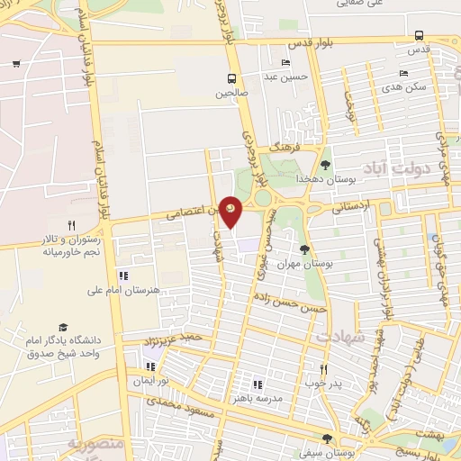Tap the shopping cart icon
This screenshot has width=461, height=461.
(x=16, y=63)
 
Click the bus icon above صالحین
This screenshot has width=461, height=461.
(x=232, y=78)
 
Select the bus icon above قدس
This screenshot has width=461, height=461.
(x=419, y=36)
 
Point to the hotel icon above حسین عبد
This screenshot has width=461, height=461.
(x=285, y=63)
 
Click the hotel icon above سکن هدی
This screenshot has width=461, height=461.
(x=403, y=74)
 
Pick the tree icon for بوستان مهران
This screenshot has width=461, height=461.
(x=304, y=249)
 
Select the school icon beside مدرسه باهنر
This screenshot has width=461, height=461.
(x=258, y=384)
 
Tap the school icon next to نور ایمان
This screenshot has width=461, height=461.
(x=150, y=366)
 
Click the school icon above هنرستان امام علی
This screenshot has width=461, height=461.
(x=122, y=276)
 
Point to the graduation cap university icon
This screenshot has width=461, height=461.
(x=63, y=328)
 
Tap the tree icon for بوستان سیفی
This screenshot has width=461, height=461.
(x=328, y=438)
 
